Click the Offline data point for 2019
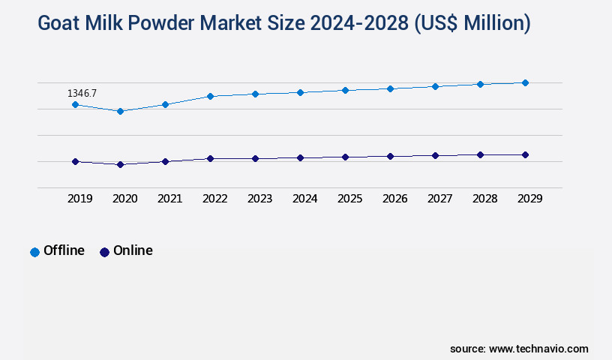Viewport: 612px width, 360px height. (x=75, y=104)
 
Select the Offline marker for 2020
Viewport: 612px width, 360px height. (x=120, y=111)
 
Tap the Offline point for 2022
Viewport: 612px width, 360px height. (x=210, y=96)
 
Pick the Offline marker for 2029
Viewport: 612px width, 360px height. (x=525, y=82)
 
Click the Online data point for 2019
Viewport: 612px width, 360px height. (x=75, y=161)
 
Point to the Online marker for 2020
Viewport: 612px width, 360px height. (x=120, y=164)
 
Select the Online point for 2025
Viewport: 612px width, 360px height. (x=345, y=157)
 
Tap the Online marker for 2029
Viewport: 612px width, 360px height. (x=525, y=154)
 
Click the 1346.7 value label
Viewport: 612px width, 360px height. (x=82, y=93)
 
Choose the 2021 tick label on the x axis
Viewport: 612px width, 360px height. (x=169, y=199)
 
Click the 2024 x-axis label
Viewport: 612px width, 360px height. (x=304, y=199)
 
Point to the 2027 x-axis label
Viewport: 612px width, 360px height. (x=439, y=199)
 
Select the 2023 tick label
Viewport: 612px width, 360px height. (x=259, y=199)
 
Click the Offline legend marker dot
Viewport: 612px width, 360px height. (x=34, y=252)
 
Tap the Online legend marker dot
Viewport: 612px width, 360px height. (x=104, y=252)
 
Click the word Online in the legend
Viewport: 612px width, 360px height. (x=133, y=250)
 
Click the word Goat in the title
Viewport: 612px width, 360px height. (x=58, y=24)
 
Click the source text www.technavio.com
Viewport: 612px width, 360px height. (x=538, y=349)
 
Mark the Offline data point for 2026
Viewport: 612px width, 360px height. (x=390, y=88)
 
